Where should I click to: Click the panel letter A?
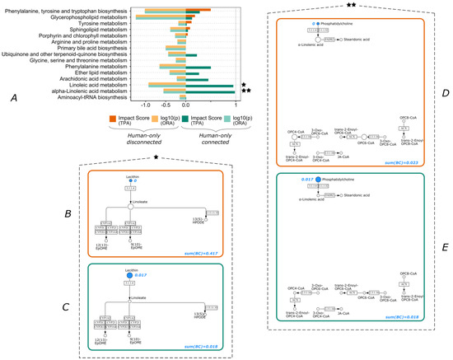(x=12, y=99)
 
